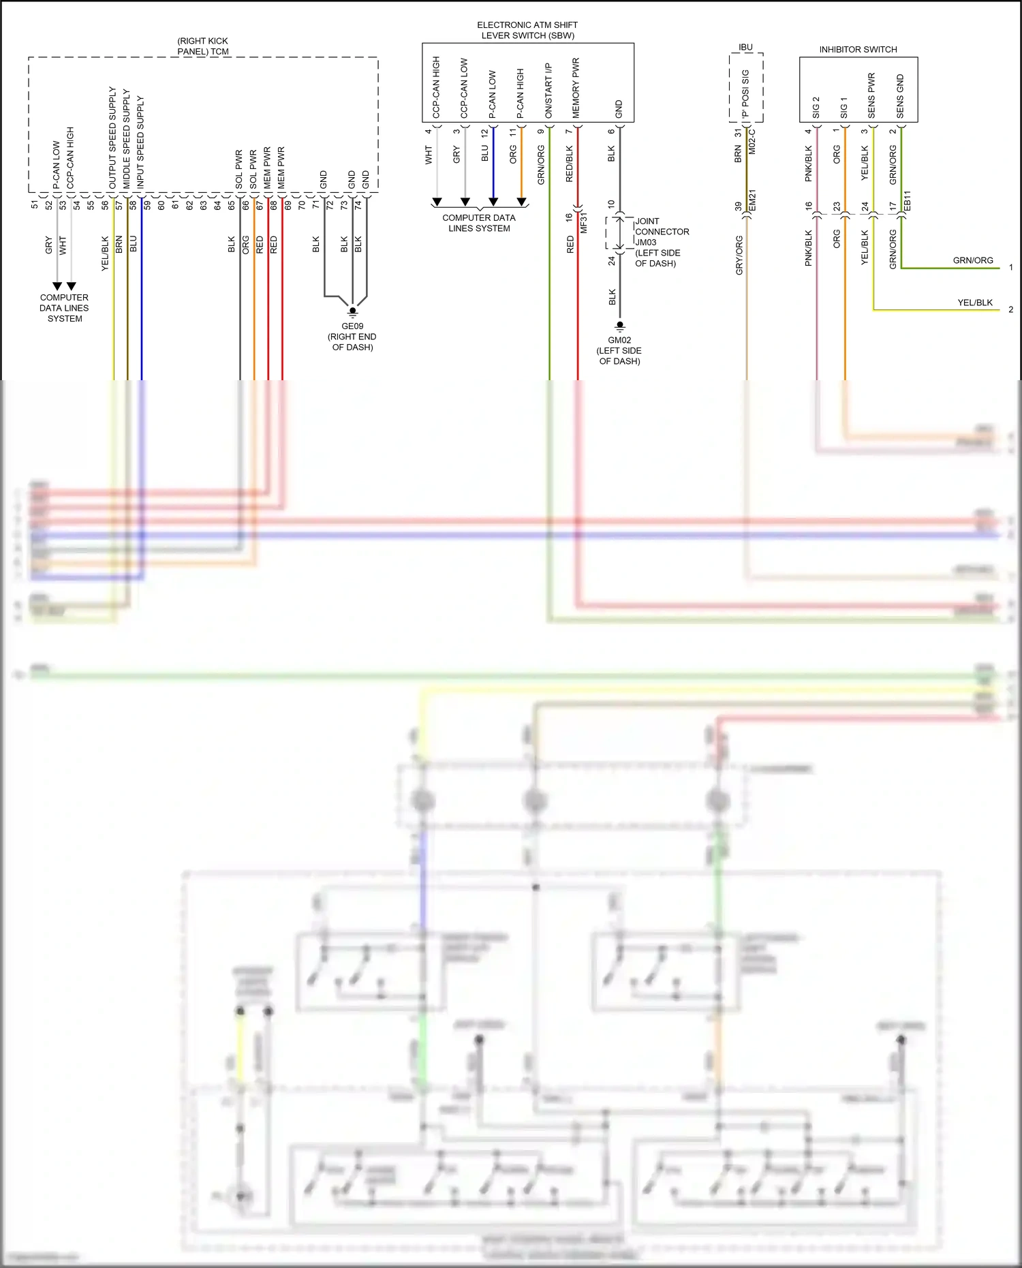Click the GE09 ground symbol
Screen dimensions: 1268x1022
[352, 311]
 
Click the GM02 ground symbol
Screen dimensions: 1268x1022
[619, 326]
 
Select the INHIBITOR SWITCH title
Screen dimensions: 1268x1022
[858, 50]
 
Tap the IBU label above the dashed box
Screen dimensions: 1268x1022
[745, 48]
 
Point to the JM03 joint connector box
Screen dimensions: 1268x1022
[619, 233]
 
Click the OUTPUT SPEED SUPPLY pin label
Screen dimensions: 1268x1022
[113, 138]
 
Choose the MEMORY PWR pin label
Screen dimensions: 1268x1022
[576, 88]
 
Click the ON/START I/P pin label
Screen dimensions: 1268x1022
[548, 91]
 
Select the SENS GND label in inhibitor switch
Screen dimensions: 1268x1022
[900, 96]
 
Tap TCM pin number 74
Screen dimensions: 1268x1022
[358, 204]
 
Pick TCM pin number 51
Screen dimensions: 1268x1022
[35, 204]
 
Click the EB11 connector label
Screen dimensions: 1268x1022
[907, 200]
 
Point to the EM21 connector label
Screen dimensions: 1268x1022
[753, 200]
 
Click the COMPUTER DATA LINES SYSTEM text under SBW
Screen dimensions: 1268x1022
[479, 223]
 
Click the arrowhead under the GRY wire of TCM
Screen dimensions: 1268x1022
[57, 286]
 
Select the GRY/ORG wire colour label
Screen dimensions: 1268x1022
[739, 256]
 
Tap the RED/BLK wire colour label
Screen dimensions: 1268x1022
[570, 164]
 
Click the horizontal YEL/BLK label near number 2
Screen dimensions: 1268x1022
[975, 303]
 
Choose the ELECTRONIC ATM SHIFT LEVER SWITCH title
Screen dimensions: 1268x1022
[527, 30]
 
